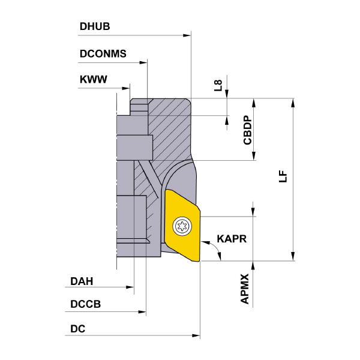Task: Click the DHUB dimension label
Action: click(x=95, y=26)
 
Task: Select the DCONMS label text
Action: click(x=103, y=54)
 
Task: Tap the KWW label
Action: click(x=94, y=79)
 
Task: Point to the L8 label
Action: click(x=218, y=85)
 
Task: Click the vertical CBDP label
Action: click(x=247, y=130)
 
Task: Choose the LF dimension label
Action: click(x=283, y=176)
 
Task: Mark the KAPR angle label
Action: click(x=232, y=239)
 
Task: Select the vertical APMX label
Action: click(x=245, y=289)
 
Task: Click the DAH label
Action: click(x=82, y=281)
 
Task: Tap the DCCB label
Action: click(x=86, y=304)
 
